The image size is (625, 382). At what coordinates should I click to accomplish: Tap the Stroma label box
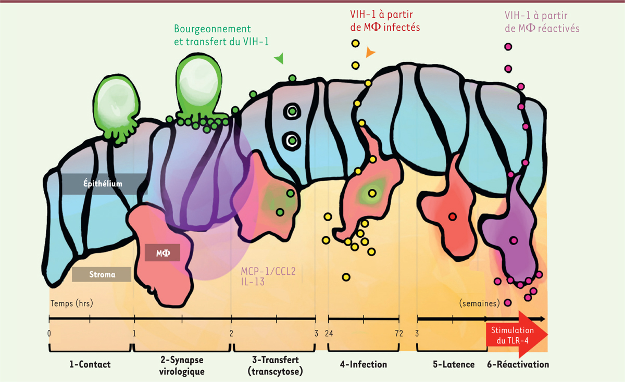pyautogui.click(x=102, y=274)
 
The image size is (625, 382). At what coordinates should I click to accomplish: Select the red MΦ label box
pyautogui.click(x=162, y=252)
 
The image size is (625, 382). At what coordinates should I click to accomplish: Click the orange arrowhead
pyautogui.click(x=370, y=52)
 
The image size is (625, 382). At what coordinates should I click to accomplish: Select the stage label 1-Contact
pyautogui.click(x=91, y=364)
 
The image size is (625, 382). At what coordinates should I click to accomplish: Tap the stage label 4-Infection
pyautogui.click(x=363, y=364)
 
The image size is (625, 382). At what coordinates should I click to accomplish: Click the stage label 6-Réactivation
pyautogui.click(x=518, y=364)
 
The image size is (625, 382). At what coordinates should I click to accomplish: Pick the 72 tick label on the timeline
pyautogui.click(x=399, y=334)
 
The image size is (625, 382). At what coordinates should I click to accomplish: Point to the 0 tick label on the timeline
pyautogui.click(x=49, y=334)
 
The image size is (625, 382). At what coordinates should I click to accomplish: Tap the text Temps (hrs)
pyautogui.click(x=71, y=303)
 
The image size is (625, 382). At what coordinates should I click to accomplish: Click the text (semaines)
pyautogui.click(x=479, y=303)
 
